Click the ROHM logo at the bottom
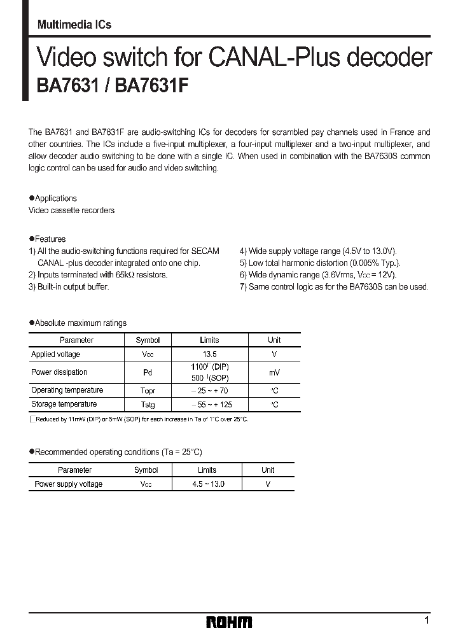click(229, 622)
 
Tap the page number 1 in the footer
click(426, 620)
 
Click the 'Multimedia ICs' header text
click(74, 25)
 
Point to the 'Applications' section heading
click(55, 199)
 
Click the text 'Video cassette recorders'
click(72, 211)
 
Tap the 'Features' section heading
click(50, 239)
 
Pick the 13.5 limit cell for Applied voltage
click(209, 354)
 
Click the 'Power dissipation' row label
click(59, 372)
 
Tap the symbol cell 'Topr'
click(148, 391)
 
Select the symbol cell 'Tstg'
click(148, 405)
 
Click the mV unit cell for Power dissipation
click(274, 372)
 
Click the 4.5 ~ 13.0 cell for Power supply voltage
click(207, 484)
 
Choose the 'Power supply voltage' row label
click(68, 484)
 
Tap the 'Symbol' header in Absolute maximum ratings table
click(148, 340)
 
